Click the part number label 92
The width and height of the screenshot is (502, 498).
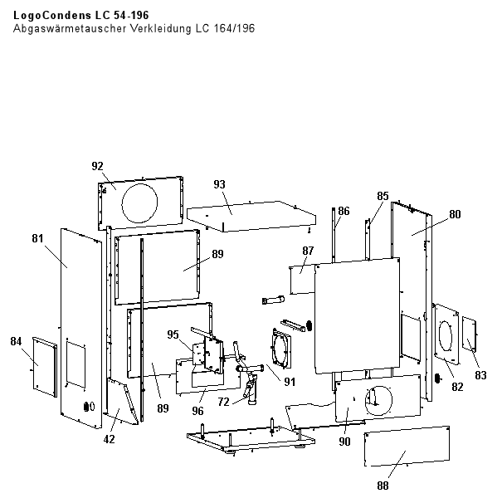98,165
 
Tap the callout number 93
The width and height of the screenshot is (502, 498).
219,183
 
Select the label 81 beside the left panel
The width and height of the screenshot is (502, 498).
37,238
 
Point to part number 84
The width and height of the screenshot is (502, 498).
16,341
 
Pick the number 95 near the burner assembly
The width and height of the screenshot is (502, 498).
173,334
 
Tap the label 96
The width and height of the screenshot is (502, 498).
198,409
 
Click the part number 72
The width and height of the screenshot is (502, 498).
224,402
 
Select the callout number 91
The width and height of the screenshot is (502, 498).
290,382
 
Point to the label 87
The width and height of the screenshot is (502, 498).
308,251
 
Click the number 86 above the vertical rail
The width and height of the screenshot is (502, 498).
344,211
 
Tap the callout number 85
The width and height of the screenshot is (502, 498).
382,196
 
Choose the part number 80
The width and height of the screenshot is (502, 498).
454,213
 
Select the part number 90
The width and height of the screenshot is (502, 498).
345,442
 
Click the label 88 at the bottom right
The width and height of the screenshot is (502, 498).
382,485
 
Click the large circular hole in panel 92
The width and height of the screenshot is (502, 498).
140,200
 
